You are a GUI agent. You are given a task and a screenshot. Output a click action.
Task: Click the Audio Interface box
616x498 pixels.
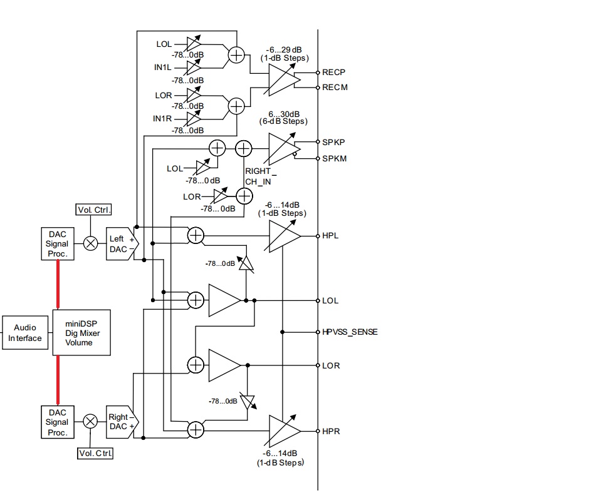click(25, 333)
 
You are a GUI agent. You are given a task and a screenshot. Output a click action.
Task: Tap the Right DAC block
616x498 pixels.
click(122, 422)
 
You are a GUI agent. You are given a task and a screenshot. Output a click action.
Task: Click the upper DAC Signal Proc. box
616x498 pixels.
click(57, 243)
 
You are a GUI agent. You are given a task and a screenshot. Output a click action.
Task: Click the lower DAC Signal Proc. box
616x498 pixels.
click(57, 422)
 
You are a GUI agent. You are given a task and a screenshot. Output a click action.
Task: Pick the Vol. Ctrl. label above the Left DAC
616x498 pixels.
click(93, 210)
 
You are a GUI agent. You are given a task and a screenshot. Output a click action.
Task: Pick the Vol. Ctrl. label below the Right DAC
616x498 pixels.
click(95, 453)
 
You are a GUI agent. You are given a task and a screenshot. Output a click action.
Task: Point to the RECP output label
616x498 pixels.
click(334, 73)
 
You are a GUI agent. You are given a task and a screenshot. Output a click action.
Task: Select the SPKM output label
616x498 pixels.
click(334, 158)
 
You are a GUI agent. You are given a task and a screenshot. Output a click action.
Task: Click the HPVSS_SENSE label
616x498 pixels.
click(350, 332)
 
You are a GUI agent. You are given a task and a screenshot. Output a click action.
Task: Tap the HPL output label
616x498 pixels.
click(330, 235)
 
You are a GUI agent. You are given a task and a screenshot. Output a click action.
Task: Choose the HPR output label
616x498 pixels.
click(331, 431)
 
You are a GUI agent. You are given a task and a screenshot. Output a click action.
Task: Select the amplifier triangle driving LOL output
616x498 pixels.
click(224, 300)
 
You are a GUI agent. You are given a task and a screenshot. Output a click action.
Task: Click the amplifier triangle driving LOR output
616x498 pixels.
click(224, 365)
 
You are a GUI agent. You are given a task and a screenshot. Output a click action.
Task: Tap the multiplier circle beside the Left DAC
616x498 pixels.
click(91, 243)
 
